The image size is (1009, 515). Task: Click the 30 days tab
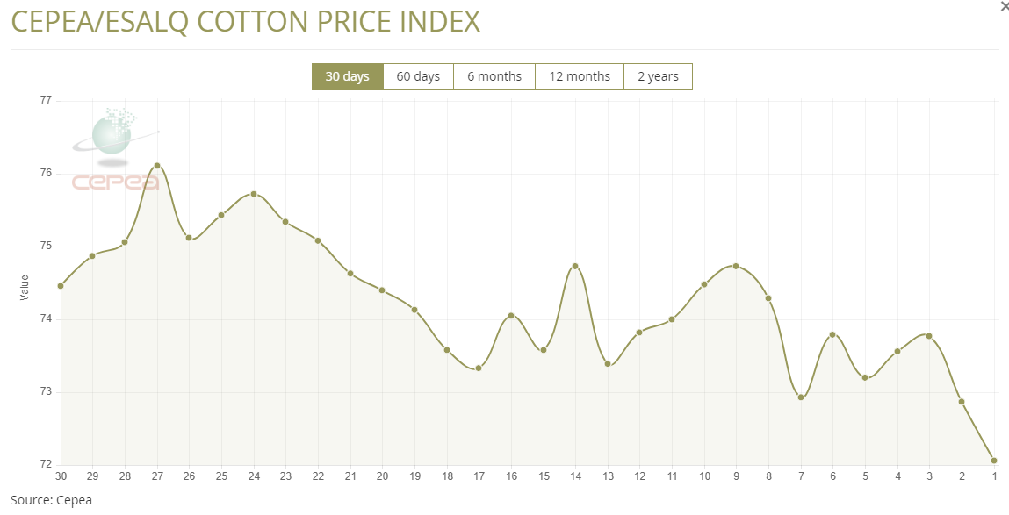click(x=347, y=76)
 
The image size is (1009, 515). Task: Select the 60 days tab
click(x=418, y=76)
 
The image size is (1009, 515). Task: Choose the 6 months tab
click(x=494, y=76)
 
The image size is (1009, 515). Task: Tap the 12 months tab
click(x=580, y=76)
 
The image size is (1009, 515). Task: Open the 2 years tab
click(x=658, y=76)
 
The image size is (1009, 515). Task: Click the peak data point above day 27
click(x=157, y=166)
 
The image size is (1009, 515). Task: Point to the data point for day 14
click(x=575, y=266)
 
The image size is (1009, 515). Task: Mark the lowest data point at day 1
click(x=994, y=461)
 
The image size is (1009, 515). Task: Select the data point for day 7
click(x=801, y=397)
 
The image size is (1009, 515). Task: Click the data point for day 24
click(x=254, y=194)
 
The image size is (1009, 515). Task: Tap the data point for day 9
click(x=736, y=266)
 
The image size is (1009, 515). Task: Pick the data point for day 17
click(x=479, y=368)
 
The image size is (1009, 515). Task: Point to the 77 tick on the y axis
click(x=46, y=101)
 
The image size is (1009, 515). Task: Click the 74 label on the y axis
click(x=46, y=319)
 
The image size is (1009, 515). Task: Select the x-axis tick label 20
click(x=382, y=476)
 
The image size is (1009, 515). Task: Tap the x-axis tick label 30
click(x=61, y=476)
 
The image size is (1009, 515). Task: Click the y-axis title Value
click(x=25, y=287)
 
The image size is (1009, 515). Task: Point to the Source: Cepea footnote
click(x=51, y=500)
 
